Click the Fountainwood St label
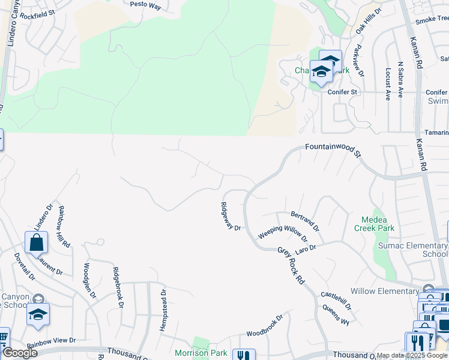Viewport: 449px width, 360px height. [334, 149]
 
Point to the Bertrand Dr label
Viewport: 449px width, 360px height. [305, 221]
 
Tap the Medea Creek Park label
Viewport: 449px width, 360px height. [378, 224]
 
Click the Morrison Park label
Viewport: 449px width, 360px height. [200, 353]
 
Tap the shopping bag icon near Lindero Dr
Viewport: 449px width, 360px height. [36, 243]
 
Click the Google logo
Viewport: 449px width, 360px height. [19, 353]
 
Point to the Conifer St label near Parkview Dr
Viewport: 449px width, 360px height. [342, 92]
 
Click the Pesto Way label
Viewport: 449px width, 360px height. [146, 4]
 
